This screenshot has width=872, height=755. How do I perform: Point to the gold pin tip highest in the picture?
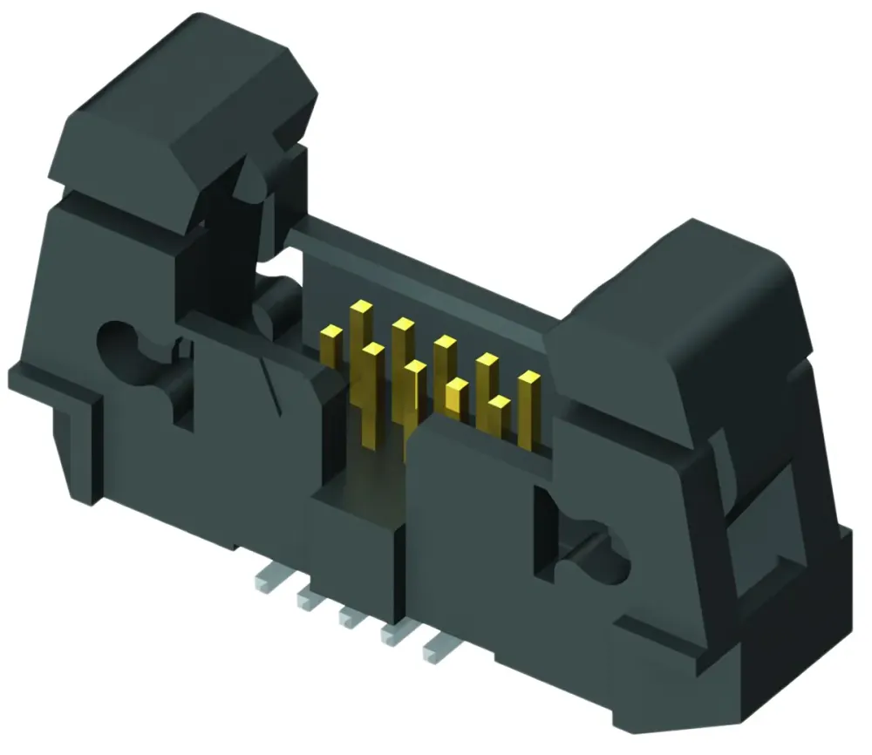point(359,308)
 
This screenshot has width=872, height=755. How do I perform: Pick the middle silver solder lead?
point(350,617)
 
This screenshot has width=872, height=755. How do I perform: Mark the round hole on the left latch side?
point(122,344)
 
